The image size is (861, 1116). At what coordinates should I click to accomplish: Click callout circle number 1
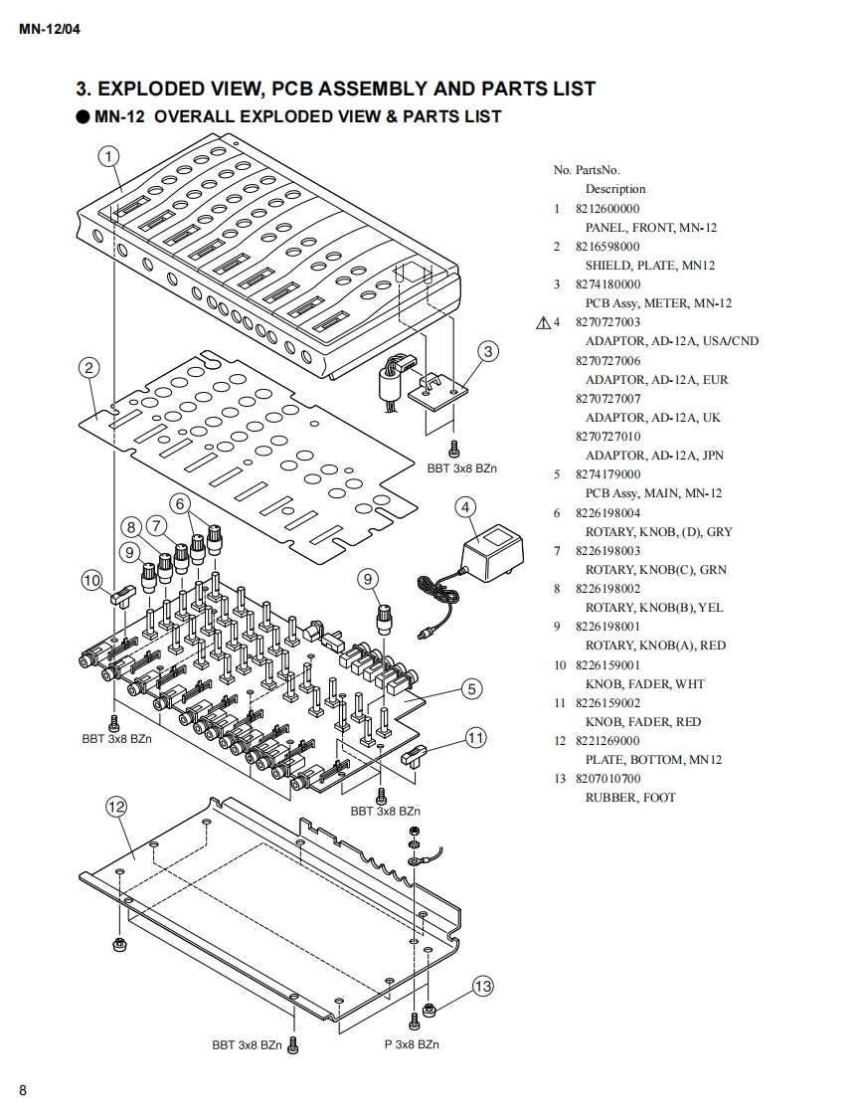click(108, 156)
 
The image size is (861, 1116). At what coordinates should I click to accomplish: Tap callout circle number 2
click(88, 368)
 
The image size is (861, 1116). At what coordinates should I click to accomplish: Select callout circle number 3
click(488, 351)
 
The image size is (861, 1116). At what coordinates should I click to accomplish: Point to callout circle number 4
click(465, 507)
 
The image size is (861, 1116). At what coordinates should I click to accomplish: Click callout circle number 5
click(472, 689)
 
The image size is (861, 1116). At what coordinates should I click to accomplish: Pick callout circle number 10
click(91, 581)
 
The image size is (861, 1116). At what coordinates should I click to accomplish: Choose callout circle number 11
click(476, 738)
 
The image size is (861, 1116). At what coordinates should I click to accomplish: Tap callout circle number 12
click(116, 807)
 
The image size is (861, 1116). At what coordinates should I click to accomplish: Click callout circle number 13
click(482, 987)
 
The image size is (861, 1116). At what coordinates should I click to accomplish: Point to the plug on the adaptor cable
click(427, 633)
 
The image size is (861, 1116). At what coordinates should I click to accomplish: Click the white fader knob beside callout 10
click(123, 595)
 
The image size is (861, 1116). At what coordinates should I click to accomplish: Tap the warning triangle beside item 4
click(543, 323)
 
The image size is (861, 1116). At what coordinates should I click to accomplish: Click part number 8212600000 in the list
click(607, 209)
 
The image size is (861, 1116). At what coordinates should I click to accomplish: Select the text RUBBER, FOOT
click(630, 798)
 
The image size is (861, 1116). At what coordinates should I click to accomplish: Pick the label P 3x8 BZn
click(412, 1044)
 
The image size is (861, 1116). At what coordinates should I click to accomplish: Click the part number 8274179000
click(607, 474)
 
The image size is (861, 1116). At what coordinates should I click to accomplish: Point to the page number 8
click(23, 1090)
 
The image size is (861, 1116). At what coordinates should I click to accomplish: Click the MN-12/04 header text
click(50, 30)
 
